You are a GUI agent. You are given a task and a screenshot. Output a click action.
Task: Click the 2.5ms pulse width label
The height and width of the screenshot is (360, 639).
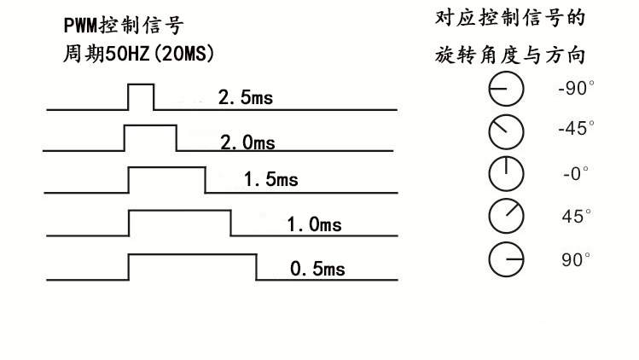pyautogui.click(x=246, y=97)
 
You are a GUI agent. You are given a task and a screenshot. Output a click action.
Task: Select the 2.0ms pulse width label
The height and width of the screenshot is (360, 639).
pyautogui.click(x=247, y=142)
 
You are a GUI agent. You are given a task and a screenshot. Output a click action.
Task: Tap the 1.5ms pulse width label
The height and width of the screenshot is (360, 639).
pyautogui.click(x=271, y=179)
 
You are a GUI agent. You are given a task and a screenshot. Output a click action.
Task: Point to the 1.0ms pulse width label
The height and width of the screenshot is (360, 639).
pyautogui.click(x=314, y=224)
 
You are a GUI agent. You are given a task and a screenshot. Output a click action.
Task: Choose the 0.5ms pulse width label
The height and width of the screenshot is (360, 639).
pyautogui.click(x=317, y=269)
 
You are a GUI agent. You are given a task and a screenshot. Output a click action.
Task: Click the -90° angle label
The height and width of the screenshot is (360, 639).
pyautogui.click(x=576, y=88)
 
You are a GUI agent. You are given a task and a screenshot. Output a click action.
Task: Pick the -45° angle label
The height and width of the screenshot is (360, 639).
pyautogui.click(x=576, y=128)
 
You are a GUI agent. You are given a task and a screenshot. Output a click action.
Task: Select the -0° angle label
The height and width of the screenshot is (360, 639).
pyautogui.click(x=576, y=173)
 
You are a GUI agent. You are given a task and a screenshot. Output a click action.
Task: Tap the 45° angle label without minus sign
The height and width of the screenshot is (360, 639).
pyautogui.click(x=576, y=216)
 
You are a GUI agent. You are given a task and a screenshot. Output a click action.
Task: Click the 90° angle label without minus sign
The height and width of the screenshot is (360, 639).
pyautogui.click(x=576, y=259)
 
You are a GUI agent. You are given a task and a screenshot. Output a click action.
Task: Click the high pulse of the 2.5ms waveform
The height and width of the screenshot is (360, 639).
pyautogui.click(x=141, y=84)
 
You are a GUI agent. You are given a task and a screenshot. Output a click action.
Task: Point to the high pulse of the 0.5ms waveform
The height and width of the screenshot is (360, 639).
pyautogui.click(x=192, y=255)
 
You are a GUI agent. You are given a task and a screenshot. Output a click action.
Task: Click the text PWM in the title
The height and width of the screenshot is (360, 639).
pyautogui.click(x=81, y=26)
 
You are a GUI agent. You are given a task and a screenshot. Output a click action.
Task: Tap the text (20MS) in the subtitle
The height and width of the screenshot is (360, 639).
pyautogui.click(x=183, y=54)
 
